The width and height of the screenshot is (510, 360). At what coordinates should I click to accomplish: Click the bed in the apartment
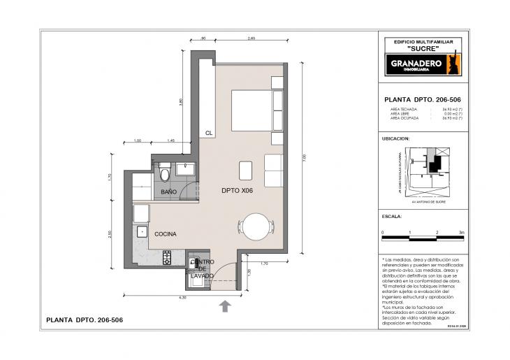[250, 110]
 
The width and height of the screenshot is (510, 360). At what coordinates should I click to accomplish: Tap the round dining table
[254, 225]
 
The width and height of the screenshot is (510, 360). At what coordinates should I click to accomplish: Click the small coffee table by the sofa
[245, 171]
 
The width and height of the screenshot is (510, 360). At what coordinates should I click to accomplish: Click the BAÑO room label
[168, 191]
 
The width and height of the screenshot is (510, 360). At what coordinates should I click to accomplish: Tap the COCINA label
[166, 234]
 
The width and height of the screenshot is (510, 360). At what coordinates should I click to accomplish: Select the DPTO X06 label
[236, 190]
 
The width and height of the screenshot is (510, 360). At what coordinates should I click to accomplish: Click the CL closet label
[208, 132]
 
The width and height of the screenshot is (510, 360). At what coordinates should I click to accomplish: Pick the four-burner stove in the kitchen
[168, 259]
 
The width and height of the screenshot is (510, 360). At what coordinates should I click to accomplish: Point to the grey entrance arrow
[226, 305]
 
